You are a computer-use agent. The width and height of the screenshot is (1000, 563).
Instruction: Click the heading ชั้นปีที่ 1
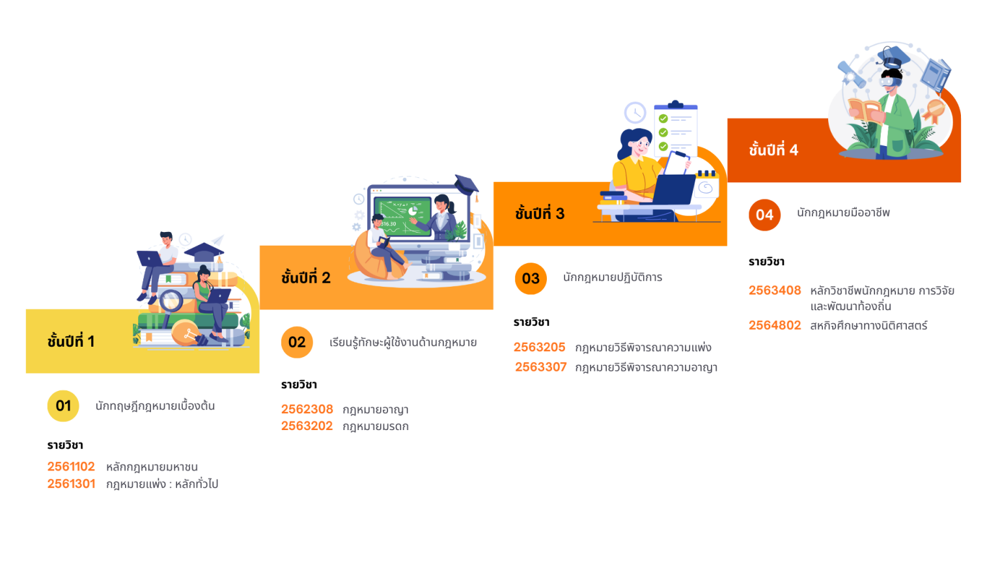pos(71,341)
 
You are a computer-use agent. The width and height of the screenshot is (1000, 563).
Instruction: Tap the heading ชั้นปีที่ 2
pos(306,278)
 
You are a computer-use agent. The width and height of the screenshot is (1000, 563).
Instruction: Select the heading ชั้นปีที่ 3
pos(540,213)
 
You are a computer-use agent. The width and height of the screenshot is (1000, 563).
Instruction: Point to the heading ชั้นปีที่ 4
pos(773,150)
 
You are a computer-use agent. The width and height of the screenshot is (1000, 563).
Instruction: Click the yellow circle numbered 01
pos(63,406)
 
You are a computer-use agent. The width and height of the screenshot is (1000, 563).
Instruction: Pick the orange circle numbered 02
pos(297,342)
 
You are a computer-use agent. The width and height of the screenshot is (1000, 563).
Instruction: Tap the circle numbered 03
pos(531,278)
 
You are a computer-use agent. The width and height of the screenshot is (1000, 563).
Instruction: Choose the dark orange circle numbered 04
pos(764,215)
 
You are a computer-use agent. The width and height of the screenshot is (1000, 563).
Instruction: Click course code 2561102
pos(71,467)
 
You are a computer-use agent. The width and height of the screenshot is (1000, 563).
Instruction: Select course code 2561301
pos(71,484)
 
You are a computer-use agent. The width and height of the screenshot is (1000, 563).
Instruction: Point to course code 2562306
pos(307,409)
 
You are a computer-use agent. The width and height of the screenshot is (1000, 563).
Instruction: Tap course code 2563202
pos(307,426)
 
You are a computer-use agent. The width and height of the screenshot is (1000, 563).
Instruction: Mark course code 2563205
pos(539,347)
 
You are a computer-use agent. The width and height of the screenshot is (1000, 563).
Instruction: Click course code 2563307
pos(541,367)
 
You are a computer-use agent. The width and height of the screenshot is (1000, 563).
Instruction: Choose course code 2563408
pos(775,290)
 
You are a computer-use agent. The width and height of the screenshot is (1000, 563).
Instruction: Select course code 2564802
pos(775,325)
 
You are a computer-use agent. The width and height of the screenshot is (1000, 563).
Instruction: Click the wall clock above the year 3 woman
pos(635,113)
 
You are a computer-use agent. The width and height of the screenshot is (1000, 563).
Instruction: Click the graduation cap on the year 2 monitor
pos(466,184)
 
